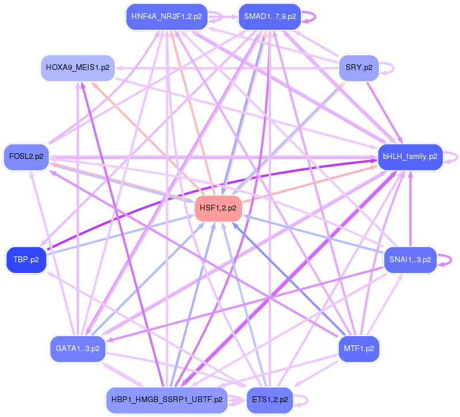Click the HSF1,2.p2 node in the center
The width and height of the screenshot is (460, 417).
(x=218, y=208)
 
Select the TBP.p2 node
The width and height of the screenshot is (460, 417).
(x=26, y=259)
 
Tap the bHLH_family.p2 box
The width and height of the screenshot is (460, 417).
(x=409, y=156)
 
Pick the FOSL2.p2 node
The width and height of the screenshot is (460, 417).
(x=26, y=156)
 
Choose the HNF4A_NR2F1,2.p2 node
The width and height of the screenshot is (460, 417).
(x=166, y=16)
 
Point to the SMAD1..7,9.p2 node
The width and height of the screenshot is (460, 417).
(x=269, y=16)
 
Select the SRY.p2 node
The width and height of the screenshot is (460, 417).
(x=359, y=68)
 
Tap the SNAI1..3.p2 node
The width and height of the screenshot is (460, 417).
(x=410, y=259)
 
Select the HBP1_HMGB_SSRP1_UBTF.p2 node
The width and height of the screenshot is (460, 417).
(x=166, y=399)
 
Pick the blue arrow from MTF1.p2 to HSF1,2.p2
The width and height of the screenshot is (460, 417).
(x=293, y=278)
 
